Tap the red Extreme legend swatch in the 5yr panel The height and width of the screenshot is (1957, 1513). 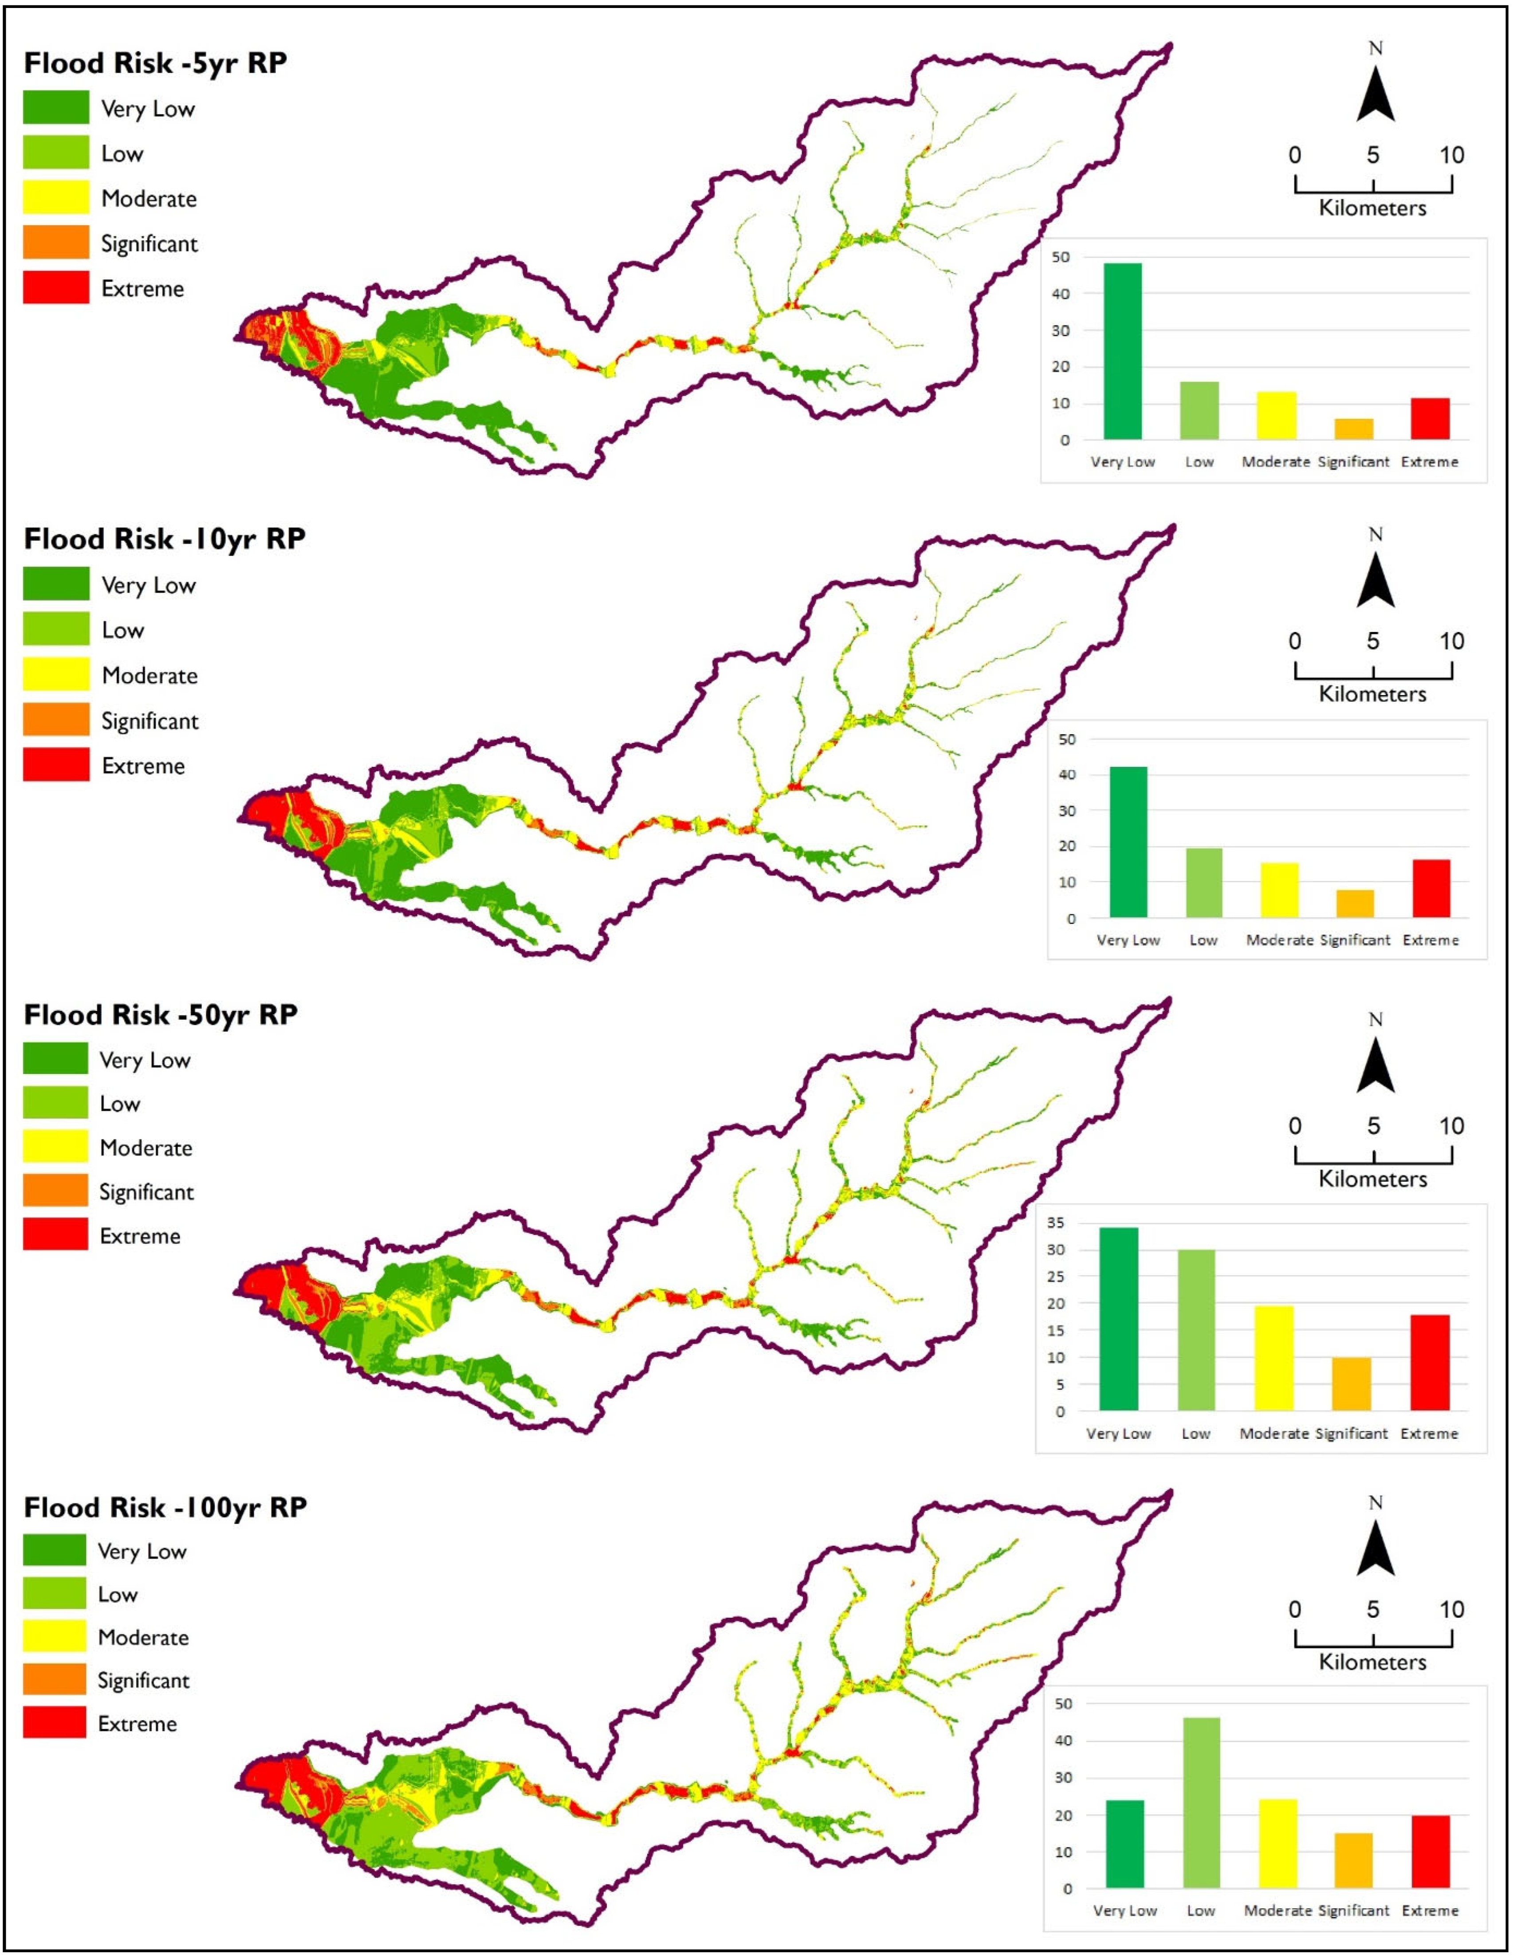pyautogui.click(x=55, y=287)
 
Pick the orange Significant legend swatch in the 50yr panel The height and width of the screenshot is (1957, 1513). pyautogui.click(x=55, y=1191)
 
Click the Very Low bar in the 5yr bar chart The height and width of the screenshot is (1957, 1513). pyautogui.click(x=1122, y=351)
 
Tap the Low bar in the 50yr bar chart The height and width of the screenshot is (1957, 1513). pyautogui.click(x=1196, y=1330)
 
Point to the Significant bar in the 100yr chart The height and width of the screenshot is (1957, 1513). pyautogui.click(x=1353, y=1860)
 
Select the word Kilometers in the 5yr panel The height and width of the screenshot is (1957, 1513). pyautogui.click(x=1372, y=208)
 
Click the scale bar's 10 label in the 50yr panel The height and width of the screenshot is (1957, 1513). pyautogui.click(x=1451, y=1126)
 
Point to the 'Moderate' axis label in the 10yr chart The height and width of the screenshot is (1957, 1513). pyautogui.click(x=1279, y=940)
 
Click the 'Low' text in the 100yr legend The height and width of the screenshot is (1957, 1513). pyautogui.click(x=118, y=1594)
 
